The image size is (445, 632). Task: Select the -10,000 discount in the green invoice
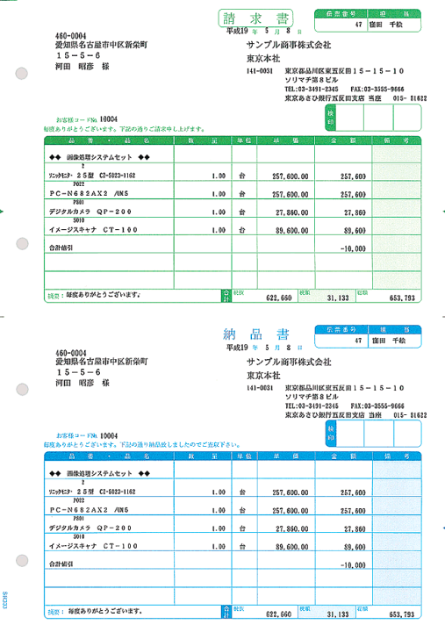352,248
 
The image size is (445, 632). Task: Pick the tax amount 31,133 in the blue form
335,614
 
